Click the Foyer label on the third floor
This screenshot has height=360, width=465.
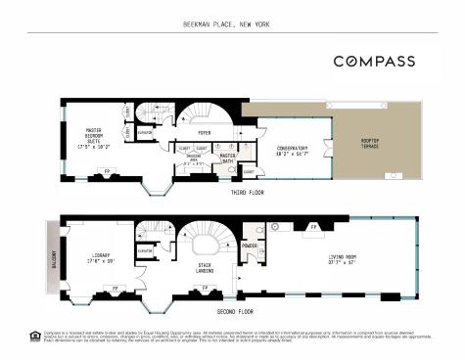click(205, 132)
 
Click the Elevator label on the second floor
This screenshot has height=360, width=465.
click(146, 250)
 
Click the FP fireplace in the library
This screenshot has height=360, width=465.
click(116, 291)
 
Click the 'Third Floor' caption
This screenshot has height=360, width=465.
click(232, 193)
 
